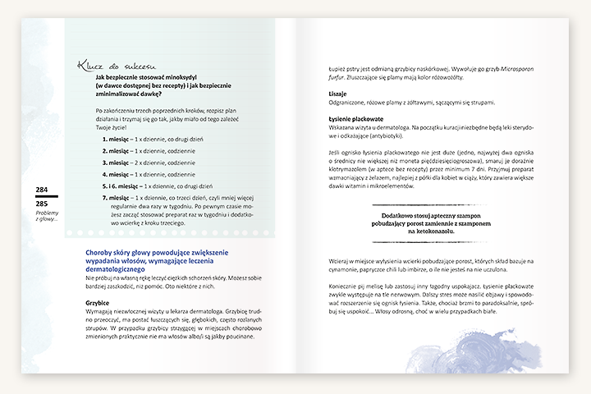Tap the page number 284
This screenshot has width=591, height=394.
43,190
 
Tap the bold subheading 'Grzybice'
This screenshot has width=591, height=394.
98,302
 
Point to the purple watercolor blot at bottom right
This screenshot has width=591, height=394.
492,350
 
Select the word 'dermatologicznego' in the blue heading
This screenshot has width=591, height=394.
115,269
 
